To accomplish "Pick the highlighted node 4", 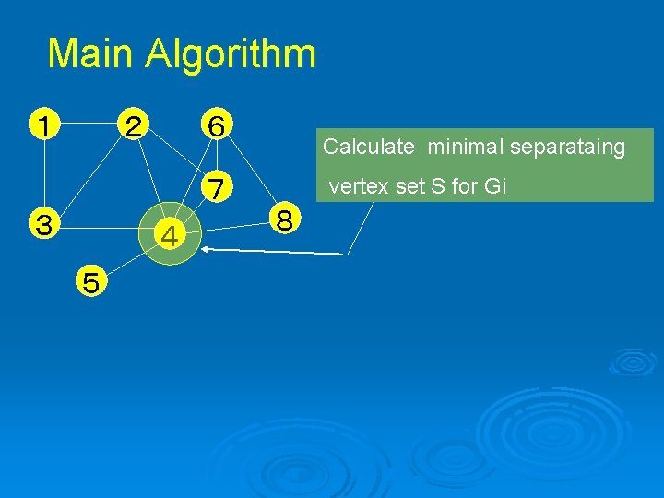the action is click(x=170, y=238).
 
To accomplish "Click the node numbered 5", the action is click(x=90, y=280).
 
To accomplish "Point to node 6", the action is click(x=215, y=124).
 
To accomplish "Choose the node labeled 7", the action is click(x=217, y=187).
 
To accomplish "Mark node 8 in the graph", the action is click(x=285, y=220).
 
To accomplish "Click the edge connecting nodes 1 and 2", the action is click(x=89, y=122).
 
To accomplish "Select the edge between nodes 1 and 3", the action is click(x=42, y=173).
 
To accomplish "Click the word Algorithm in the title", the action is click(x=231, y=54).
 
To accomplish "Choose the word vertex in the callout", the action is click(x=355, y=186).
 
